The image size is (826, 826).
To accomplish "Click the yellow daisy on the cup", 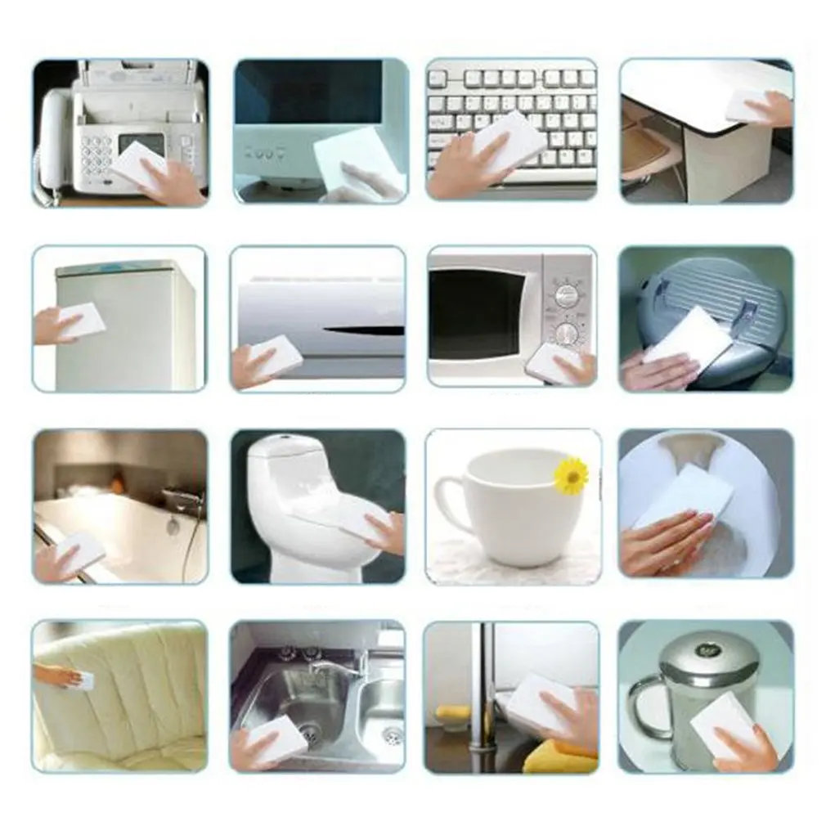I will click(x=571, y=475).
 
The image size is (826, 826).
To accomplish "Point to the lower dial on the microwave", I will click(x=566, y=332).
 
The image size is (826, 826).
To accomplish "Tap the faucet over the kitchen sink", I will click(x=339, y=666).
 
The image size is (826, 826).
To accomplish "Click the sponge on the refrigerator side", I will click(x=83, y=320).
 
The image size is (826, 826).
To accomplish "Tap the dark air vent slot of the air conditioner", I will click(x=363, y=331).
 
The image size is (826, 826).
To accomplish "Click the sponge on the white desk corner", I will click(x=747, y=103).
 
